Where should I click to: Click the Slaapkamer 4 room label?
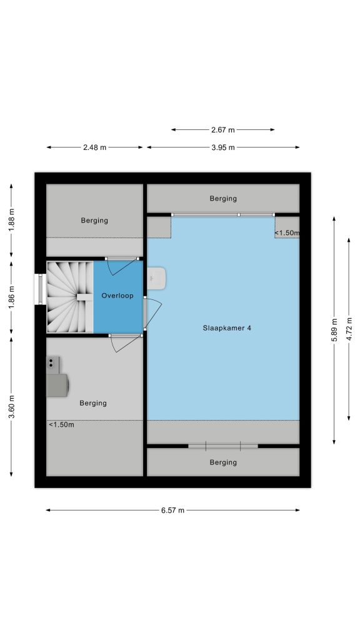tap(226, 327)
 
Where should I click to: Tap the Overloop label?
tap(117, 296)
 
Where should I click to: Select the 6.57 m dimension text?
tap(172, 510)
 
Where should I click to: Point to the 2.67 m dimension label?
tap(223, 130)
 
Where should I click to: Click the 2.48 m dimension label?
tap(95, 147)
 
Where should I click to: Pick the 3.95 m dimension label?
tap(223, 147)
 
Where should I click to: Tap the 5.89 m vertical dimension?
tap(334, 330)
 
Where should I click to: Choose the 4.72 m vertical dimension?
tap(349, 329)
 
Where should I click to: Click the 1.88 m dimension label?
tap(11, 221)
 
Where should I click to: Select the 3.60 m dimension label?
tap(11, 407)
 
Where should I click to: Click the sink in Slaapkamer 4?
tap(156, 278)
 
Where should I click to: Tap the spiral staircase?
tap(70, 297)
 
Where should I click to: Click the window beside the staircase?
tap(40, 289)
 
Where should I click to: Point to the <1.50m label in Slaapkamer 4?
tap(287, 232)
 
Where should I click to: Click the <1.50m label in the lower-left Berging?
tap(62, 425)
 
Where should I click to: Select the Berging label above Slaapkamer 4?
tap(223, 198)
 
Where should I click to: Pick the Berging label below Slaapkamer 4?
tap(223, 462)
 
